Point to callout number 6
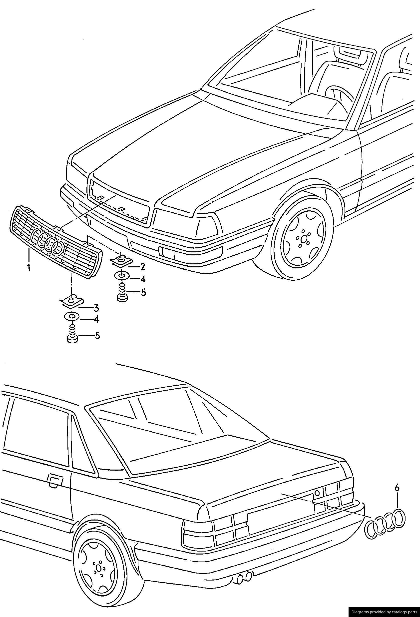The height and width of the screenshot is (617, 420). tap(397, 488)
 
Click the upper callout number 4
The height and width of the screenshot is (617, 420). tap(143, 279)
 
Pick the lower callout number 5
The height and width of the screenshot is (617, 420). tap(97, 336)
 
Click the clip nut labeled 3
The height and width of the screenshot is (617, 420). tap(71, 302)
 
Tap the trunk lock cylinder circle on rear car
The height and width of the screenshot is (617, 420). tap(317, 493)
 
